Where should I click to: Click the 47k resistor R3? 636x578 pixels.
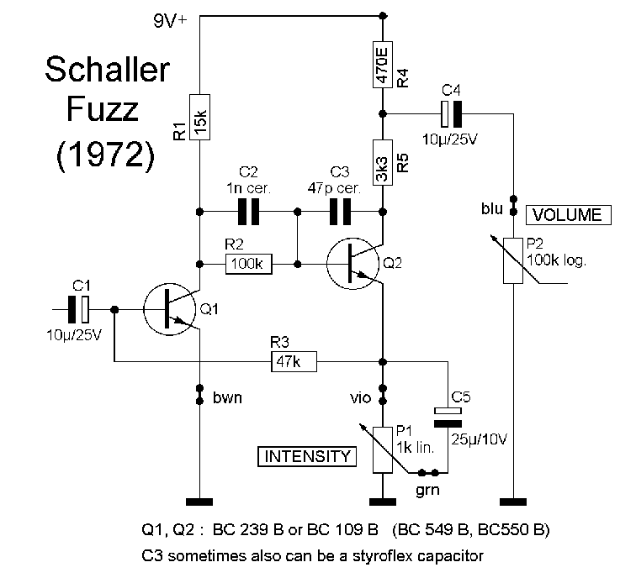[x=293, y=362]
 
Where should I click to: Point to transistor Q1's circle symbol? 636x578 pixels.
[x=171, y=311]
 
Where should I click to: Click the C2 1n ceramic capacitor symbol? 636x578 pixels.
[x=248, y=212]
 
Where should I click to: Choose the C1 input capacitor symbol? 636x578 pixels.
[x=81, y=310]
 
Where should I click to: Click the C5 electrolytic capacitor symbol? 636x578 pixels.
[x=448, y=414]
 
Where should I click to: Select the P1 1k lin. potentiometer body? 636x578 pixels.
[x=383, y=448]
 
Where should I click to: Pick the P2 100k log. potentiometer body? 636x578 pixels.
[x=513, y=260]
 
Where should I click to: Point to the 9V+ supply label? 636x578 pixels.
[x=172, y=23]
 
